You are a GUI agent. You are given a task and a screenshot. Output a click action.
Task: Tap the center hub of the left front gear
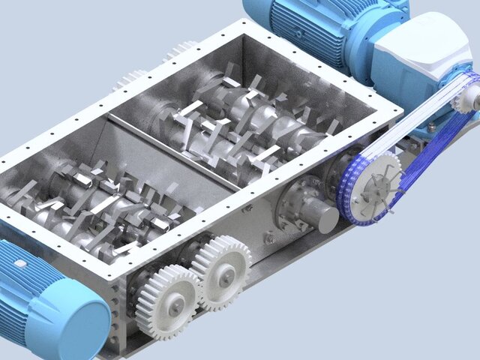173,303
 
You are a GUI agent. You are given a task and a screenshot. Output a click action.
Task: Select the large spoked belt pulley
371,190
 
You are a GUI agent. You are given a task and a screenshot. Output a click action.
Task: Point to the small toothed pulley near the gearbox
464,95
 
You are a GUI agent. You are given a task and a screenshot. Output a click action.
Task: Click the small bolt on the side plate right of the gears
268,239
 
